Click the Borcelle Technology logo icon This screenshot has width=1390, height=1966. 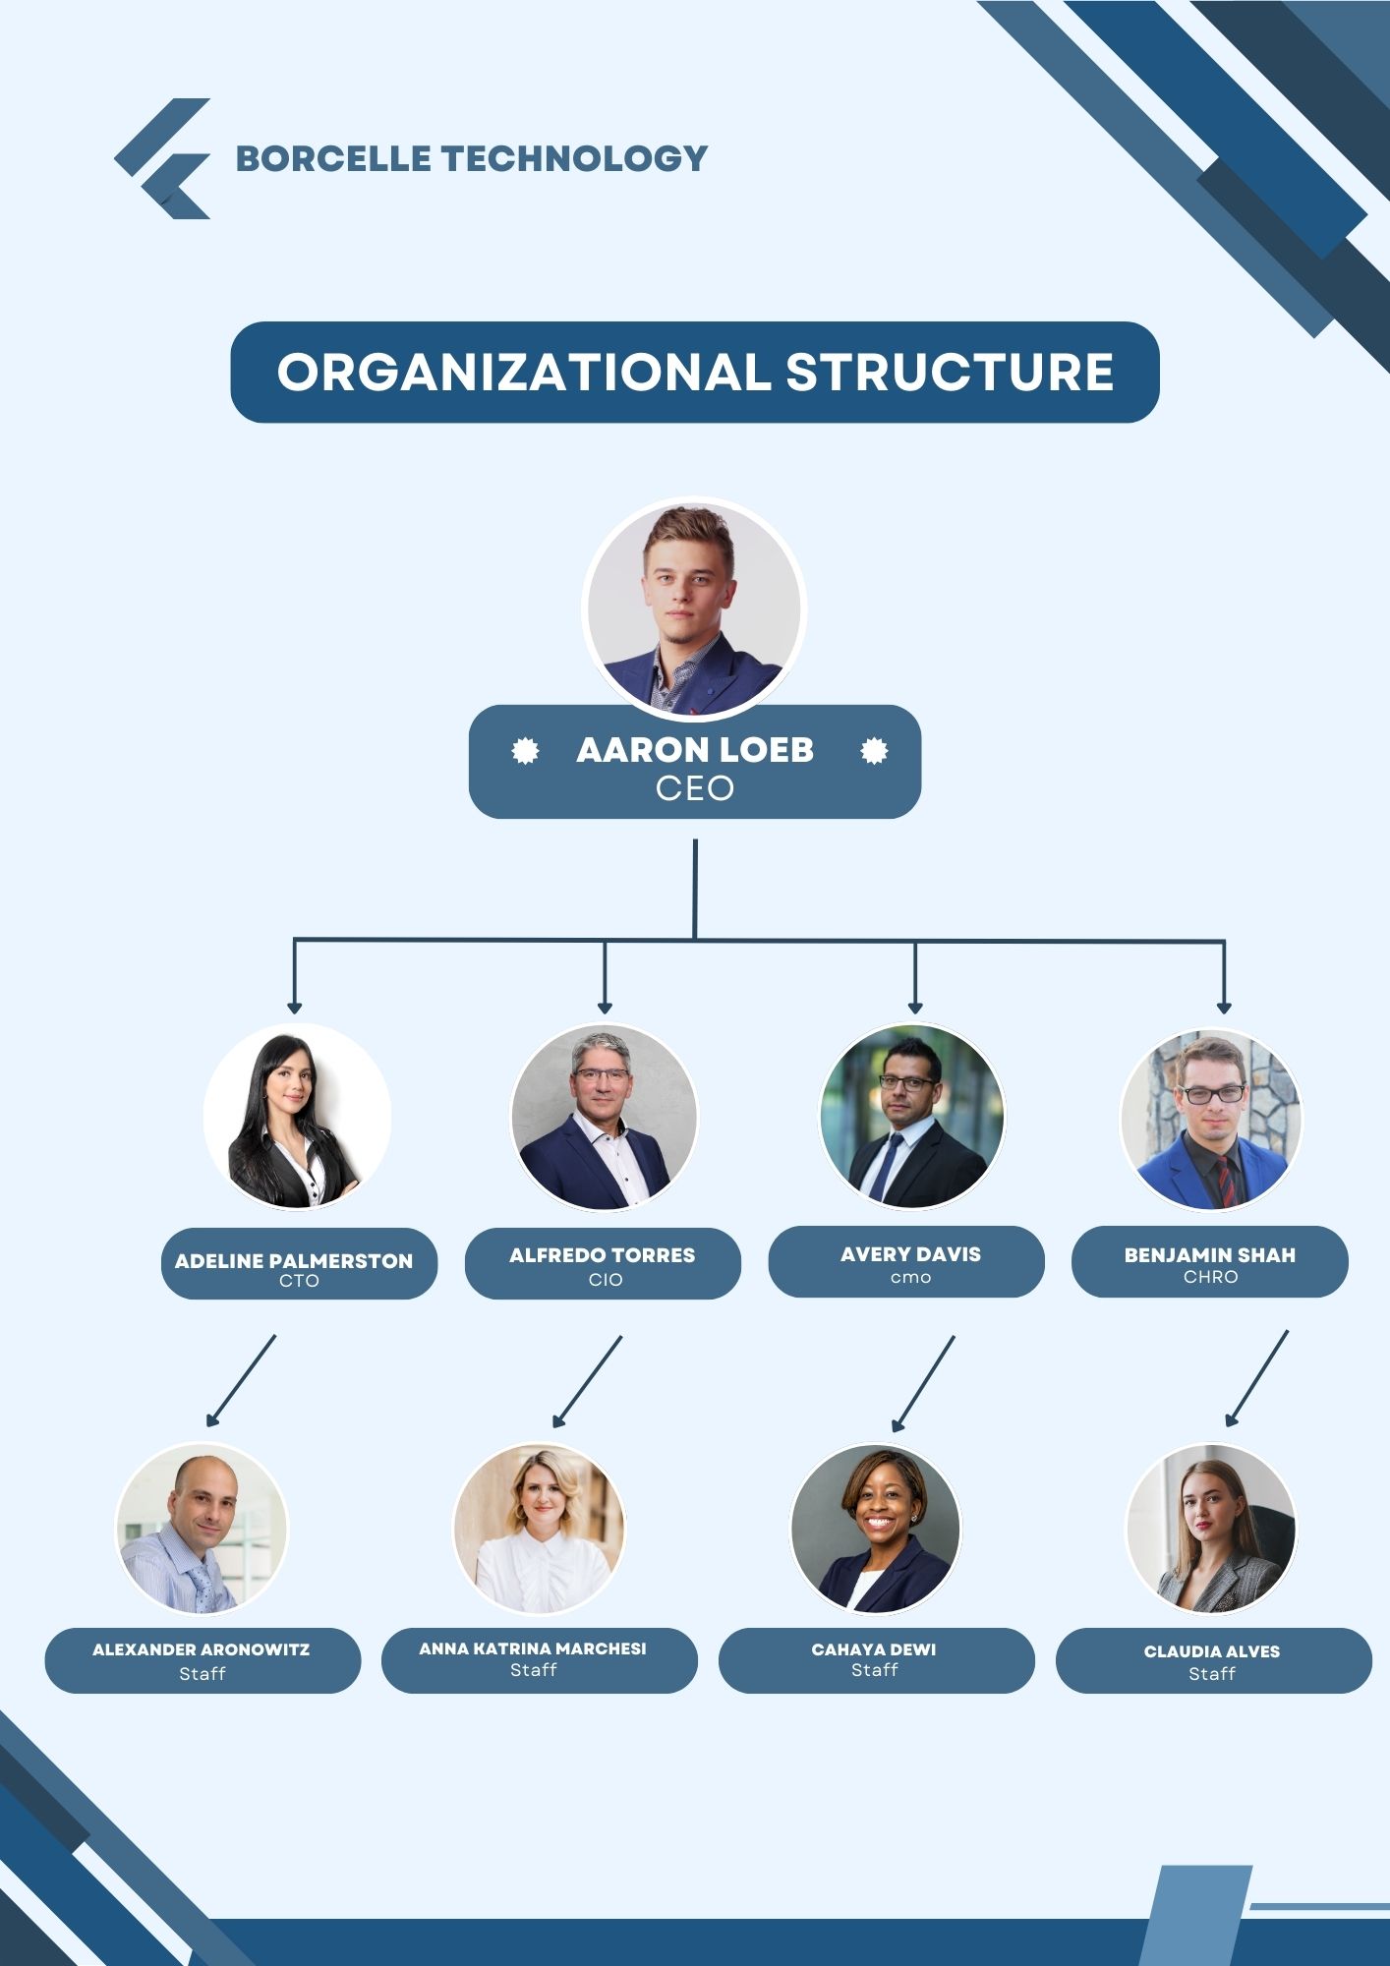tap(164, 158)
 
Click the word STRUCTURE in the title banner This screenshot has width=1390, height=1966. tap(949, 373)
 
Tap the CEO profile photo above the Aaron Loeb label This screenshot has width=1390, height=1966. tap(694, 608)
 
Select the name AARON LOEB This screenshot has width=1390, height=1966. tap(695, 750)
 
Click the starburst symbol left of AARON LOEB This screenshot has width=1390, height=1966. tap(526, 752)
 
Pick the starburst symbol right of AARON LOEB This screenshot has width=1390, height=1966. tap(874, 752)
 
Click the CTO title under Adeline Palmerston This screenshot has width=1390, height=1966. tap(299, 1281)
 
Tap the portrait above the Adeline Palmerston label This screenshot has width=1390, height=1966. tap(297, 1117)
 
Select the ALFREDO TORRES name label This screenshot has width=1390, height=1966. tap(602, 1255)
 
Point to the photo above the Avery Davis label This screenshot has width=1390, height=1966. tap(912, 1117)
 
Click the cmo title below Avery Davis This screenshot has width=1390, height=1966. tap(910, 1278)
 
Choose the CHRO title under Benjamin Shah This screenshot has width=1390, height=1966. tap(1210, 1277)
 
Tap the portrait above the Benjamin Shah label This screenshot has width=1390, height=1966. tap(1211, 1119)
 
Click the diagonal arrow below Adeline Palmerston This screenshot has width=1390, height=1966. tap(242, 1380)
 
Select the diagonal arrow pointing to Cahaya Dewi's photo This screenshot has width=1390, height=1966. tap(924, 1382)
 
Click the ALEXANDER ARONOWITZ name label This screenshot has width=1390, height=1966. tap(202, 1649)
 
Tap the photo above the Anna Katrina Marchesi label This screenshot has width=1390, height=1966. tap(539, 1529)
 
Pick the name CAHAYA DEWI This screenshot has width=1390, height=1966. tap(874, 1649)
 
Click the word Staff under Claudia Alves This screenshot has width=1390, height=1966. tap(1211, 1674)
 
